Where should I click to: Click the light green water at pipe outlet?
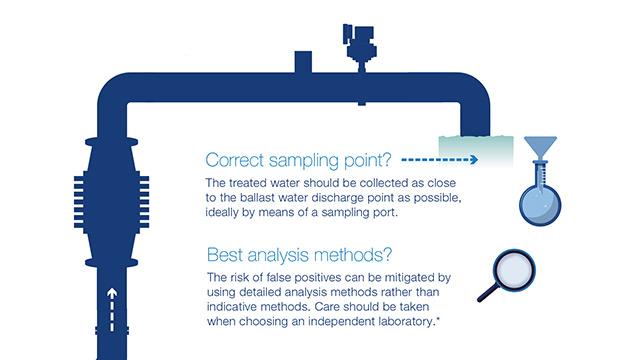point(476,151)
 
